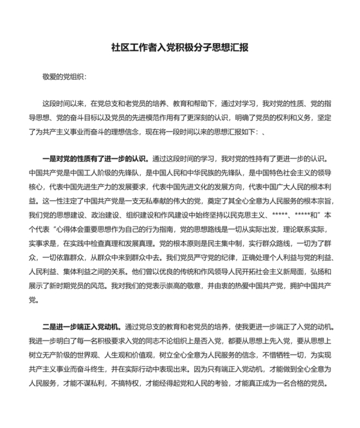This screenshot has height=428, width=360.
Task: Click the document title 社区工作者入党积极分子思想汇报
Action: click(180, 48)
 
